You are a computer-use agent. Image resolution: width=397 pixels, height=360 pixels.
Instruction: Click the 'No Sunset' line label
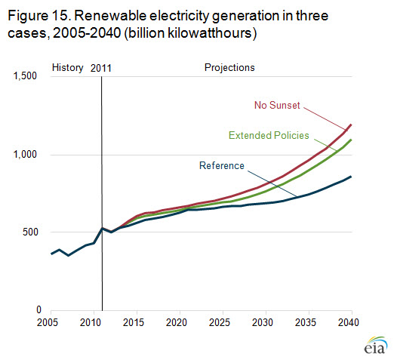pos(277,105)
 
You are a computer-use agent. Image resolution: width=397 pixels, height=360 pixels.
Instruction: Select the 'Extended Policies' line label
pos(269,135)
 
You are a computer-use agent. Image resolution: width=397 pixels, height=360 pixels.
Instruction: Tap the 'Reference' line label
pos(222,165)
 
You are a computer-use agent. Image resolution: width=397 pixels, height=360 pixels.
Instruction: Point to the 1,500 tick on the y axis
pos(25,75)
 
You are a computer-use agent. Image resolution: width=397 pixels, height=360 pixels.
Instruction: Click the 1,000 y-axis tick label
pos(25,154)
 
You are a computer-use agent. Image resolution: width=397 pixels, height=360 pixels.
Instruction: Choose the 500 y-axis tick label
pos(30,232)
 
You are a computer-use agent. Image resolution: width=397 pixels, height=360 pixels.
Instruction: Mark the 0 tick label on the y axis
pos(38,309)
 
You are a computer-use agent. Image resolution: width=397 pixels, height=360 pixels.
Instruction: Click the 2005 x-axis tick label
pos(48,322)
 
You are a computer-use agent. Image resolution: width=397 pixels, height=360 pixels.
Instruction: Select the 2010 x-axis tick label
pos(91,322)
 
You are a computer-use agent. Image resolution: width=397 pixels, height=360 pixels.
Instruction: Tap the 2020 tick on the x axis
pos(177,322)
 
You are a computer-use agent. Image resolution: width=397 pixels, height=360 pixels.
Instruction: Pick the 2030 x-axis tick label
pos(263,322)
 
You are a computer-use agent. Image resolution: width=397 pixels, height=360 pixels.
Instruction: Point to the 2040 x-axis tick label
pos(349,322)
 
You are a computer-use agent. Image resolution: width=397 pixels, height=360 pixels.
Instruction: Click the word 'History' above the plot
pos(68,68)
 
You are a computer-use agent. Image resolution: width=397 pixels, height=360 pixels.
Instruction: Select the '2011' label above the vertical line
pos(101,69)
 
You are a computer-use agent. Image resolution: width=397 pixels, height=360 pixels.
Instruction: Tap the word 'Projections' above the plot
pos(229,68)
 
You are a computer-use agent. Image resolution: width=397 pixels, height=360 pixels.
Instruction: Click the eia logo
pos(376,345)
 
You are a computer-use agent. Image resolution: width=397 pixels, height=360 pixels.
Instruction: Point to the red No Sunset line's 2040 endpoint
pos(351,125)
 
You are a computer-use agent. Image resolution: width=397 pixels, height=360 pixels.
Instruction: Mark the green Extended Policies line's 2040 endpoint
pos(351,140)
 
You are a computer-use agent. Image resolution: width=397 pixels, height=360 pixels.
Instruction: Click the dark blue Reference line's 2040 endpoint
pos(351,177)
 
